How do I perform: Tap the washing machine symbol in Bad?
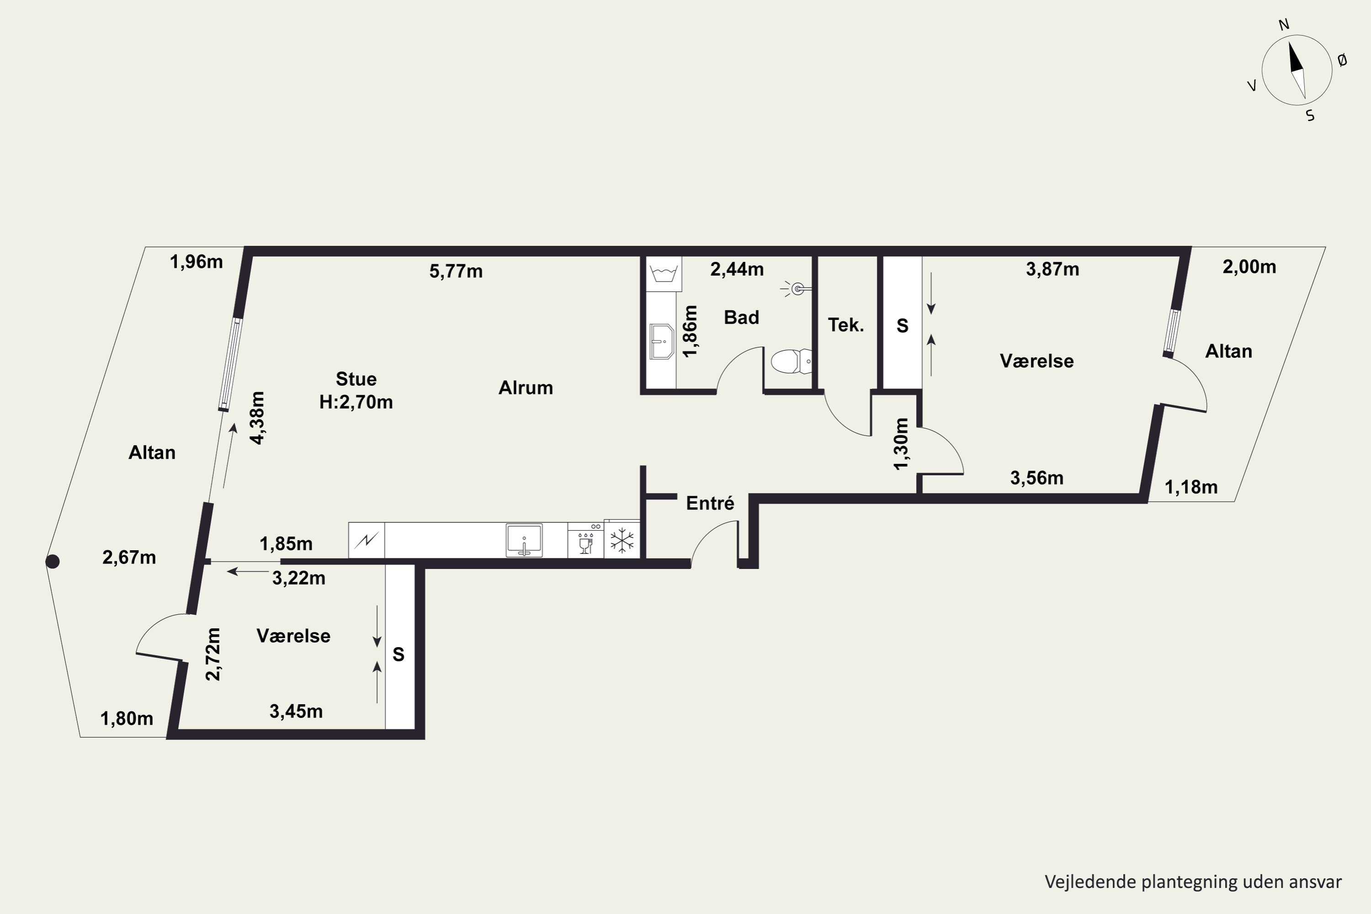click(x=664, y=273)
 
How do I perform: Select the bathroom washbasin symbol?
click(x=662, y=341)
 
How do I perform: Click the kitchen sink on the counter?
click(x=524, y=540)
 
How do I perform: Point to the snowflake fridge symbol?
click(x=622, y=540)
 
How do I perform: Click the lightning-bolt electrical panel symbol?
click(x=367, y=540)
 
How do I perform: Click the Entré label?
click(x=710, y=503)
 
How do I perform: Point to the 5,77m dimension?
click(x=456, y=271)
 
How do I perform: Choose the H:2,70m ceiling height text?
click(x=356, y=402)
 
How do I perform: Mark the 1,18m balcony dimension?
click(x=1191, y=487)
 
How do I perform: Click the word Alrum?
click(x=526, y=388)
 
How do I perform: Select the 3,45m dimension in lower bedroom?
click(x=296, y=711)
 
